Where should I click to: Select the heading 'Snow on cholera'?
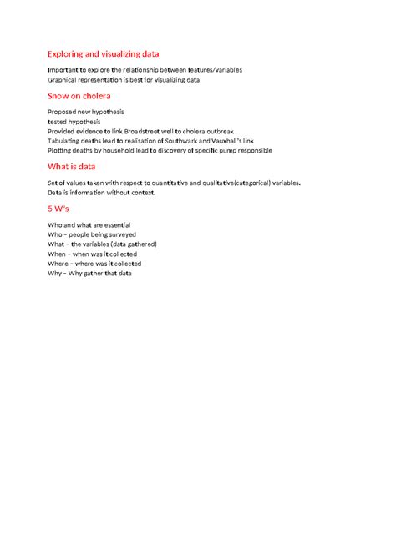pos(79,97)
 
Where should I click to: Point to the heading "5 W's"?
pos(62,209)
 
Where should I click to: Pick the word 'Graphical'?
pos(63,80)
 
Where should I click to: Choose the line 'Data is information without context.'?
pos(102,192)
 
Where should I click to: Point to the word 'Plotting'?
pos(61,151)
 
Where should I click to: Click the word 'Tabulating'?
pos(65,141)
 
